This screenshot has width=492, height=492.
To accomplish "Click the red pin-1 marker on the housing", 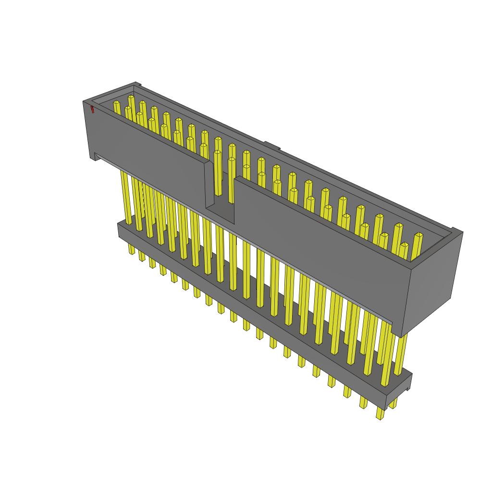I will (92, 110).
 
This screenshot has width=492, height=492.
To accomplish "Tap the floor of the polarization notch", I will (221, 212).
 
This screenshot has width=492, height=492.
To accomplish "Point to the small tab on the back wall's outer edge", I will (271, 145).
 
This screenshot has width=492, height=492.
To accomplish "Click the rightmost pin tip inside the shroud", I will (418, 235).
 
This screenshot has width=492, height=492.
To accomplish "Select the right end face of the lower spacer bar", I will (399, 392).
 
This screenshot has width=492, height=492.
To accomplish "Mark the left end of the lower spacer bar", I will (120, 229).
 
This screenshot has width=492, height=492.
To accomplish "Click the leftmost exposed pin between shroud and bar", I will (126, 197).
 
